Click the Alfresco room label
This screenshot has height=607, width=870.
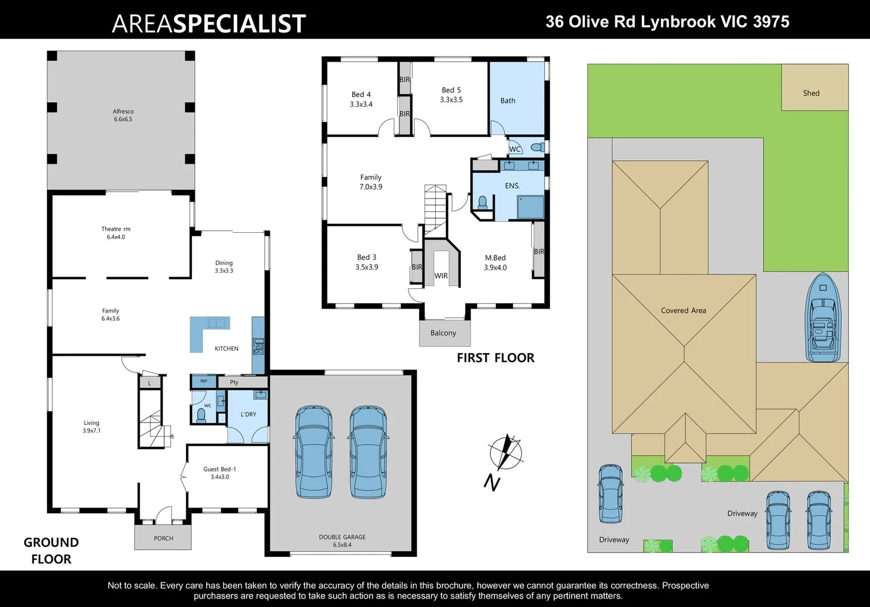pos(123,115)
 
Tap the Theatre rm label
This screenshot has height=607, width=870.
pos(116,233)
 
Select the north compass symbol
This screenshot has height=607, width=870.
pos(505,453)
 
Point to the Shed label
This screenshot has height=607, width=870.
pos(811,93)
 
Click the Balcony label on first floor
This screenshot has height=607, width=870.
pos(443,333)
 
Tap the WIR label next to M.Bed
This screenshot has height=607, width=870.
pos(441,276)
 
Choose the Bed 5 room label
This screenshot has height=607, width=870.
pos(451,94)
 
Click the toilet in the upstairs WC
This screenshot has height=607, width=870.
pos(538,148)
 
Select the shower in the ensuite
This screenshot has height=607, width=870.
pos(530,207)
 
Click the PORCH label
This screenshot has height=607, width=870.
pos(163,538)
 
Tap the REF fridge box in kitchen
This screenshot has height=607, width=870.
pos(204,382)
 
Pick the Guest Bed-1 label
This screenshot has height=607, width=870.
pos(220,473)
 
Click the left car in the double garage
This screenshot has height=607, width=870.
pos(313,452)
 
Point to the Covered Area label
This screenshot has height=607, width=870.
pos(683,310)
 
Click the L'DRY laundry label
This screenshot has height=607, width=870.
pos(248,414)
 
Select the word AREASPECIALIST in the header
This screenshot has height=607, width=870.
pos(208,24)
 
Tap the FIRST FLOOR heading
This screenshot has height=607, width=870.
pos(495,358)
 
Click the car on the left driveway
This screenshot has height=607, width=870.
pos(610,493)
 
